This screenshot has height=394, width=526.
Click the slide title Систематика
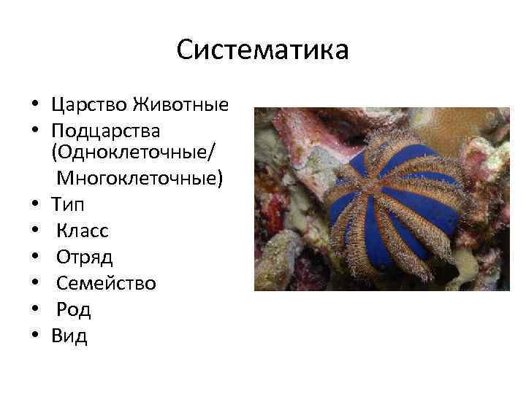tap(262, 51)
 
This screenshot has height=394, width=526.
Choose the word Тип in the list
tap(68, 205)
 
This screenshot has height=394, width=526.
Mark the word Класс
tap(83, 231)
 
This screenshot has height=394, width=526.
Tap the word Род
tap(74, 309)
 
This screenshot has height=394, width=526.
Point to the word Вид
tap(69, 336)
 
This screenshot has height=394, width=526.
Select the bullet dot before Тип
tap(34, 206)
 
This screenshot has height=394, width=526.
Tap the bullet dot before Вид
tap(34, 336)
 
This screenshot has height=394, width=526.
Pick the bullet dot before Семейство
tap(34, 284)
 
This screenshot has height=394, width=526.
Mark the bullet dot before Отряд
tap(34, 258)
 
